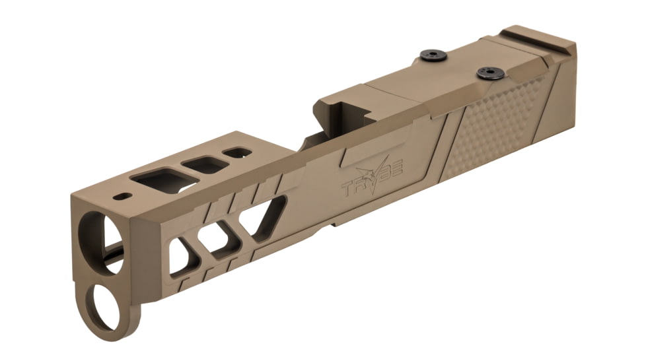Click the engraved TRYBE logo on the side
pyautogui.click(x=374, y=181)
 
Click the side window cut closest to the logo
pyautogui.click(x=264, y=214)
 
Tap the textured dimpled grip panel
pyautogui.click(x=499, y=129)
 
